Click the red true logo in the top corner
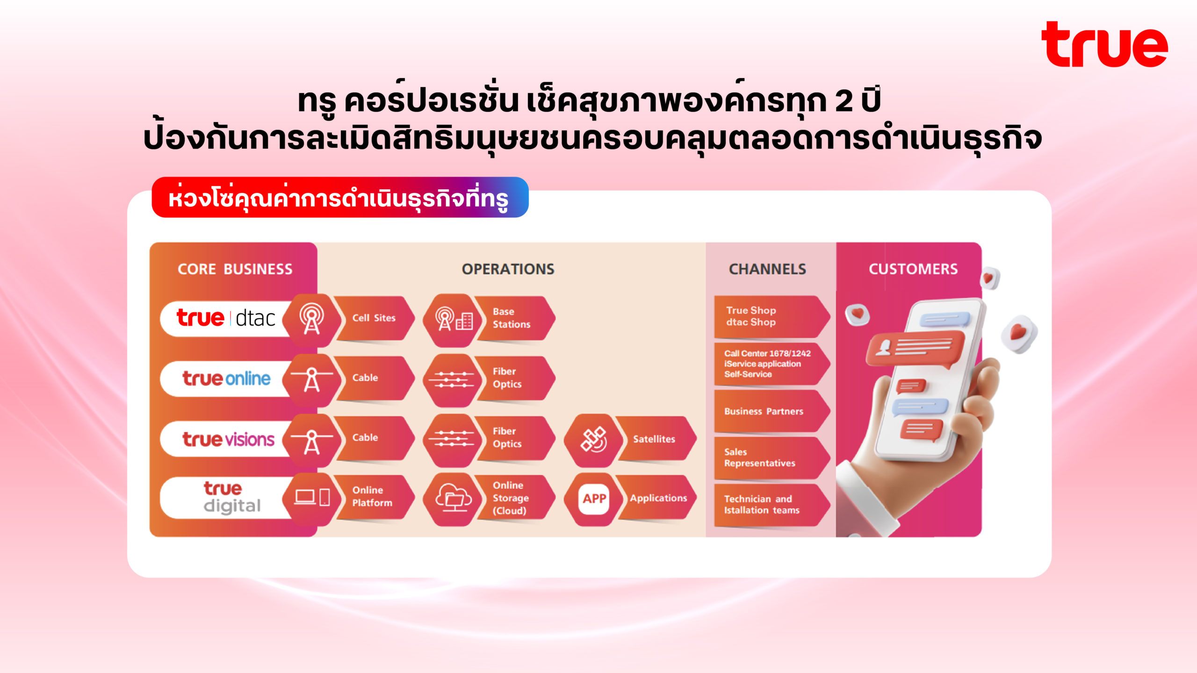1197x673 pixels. point(1104,44)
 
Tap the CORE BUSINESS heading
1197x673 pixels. point(235,269)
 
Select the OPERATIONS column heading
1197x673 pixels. point(508,269)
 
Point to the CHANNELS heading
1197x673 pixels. point(767,269)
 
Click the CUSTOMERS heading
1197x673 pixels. point(913,269)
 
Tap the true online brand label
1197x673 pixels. point(226,379)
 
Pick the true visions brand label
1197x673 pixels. point(228,439)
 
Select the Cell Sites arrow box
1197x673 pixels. point(374,318)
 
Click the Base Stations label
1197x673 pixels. point(511,318)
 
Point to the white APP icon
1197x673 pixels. point(594,499)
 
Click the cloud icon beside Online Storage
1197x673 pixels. point(454,498)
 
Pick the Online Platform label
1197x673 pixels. point(372,496)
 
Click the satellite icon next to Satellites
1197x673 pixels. point(593,440)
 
